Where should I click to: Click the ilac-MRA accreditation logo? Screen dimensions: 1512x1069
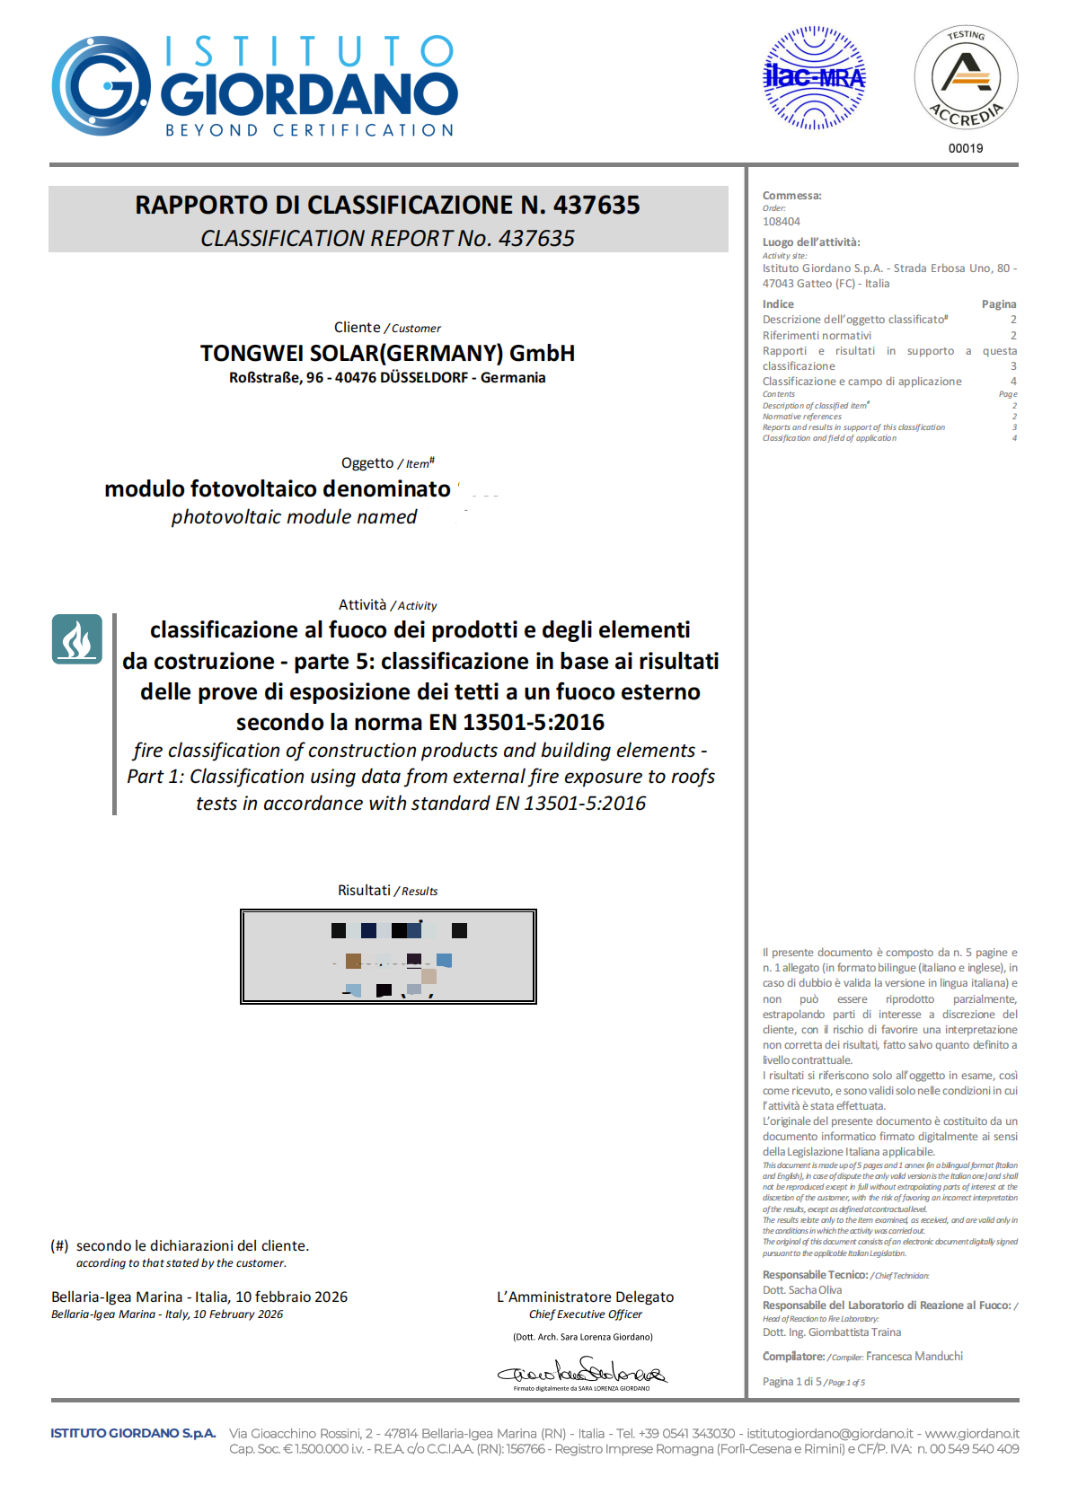coord(814,78)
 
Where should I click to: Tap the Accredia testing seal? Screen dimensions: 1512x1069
coord(966,77)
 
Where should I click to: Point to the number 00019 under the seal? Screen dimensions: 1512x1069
coord(966,148)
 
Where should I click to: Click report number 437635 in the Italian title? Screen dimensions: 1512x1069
coord(596,206)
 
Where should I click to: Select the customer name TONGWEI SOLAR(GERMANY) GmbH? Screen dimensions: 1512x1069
coord(387,353)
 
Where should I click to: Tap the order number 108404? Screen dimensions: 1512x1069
coord(782,222)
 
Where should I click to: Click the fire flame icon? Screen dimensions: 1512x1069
coord(76,639)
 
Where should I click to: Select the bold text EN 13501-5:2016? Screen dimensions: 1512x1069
coord(515,723)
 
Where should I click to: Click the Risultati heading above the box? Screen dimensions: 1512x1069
coord(364,891)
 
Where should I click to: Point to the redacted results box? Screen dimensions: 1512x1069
coord(388,956)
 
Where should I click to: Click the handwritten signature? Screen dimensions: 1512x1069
coord(582,1372)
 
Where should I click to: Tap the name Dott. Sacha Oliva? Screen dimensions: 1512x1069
coord(802,1290)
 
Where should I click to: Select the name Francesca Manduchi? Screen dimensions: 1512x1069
coord(914,1357)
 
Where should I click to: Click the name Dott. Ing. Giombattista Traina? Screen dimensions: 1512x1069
coord(832,1332)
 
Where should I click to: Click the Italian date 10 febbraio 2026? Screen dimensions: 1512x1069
coord(291,1297)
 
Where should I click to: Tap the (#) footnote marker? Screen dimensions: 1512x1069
coord(59,1246)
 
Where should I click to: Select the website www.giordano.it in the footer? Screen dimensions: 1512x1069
coord(972,1434)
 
